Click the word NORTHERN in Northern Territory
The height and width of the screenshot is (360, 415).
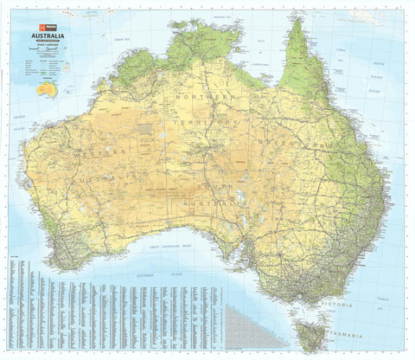(x=201, y=98)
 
